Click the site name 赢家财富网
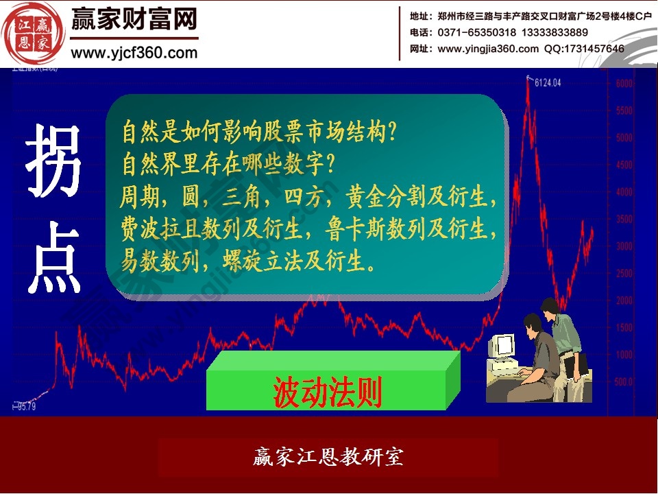pos(134,19)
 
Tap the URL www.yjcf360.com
pos(134,51)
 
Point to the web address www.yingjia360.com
pos(488,49)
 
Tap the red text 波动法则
pos(328,392)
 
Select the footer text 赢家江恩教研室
pos(328,457)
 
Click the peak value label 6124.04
pos(548,82)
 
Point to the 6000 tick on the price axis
pos(624,84)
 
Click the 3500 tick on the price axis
pos(624,220)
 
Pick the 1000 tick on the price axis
pos(624,355)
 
